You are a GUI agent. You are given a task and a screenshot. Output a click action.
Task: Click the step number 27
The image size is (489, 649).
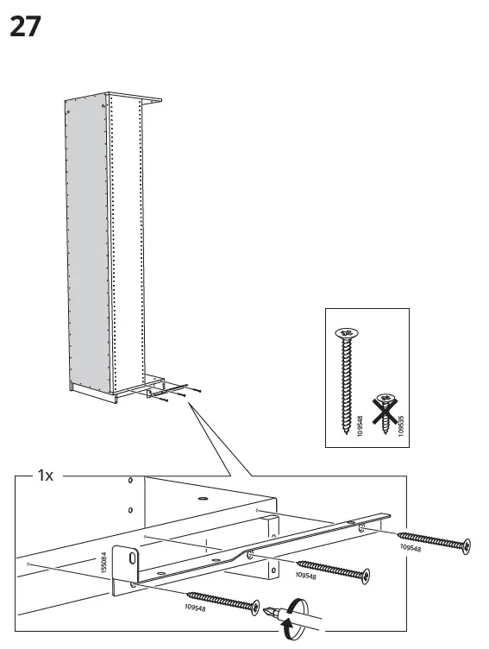(24, 28)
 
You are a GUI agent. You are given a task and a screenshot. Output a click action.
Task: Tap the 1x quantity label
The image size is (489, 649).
(44, 475)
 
